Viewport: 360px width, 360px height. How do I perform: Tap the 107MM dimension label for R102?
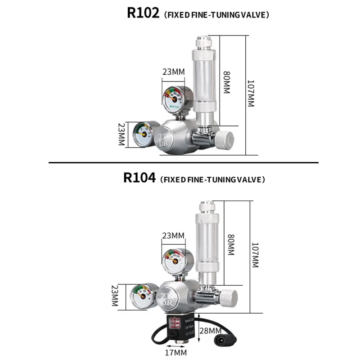pyautogui.click(x=250, y=94)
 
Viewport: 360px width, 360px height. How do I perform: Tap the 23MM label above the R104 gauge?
pyautogui.click(x=173, y=235)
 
